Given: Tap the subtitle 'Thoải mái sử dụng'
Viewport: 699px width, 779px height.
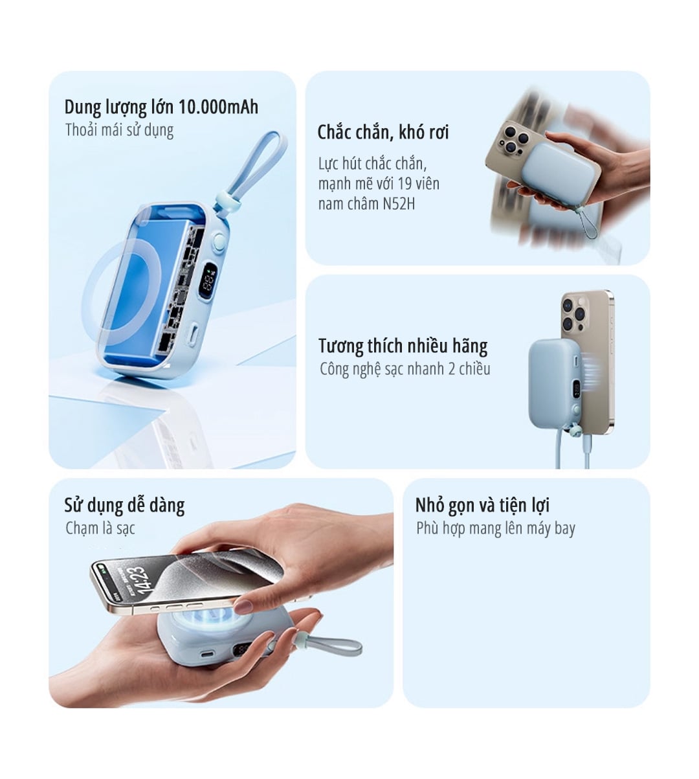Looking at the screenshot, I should pos(119,130).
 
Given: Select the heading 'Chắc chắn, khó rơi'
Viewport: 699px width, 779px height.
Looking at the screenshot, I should pos(383,133).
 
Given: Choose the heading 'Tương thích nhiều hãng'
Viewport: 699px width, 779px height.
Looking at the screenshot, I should pos(403,346).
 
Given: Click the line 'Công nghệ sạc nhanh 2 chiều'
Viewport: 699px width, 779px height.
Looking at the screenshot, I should pos(405,369).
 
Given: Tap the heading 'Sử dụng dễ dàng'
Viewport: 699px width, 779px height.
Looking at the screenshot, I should pos(124,505).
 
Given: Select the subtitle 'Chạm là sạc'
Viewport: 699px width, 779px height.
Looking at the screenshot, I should pos(100,528).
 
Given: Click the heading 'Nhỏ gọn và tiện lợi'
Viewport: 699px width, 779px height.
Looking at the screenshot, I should pos(482,505).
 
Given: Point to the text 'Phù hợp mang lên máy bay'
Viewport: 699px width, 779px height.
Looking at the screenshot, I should pos(495,528).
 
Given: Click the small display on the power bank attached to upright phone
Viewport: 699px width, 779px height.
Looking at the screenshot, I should pos(575,390).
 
